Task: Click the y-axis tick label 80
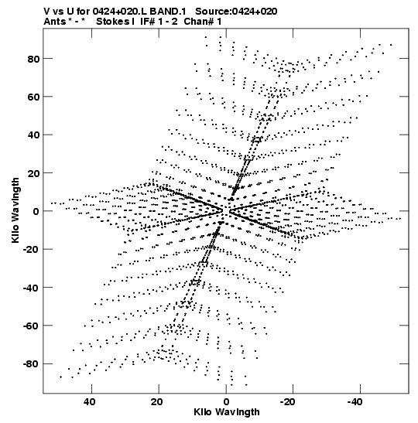pos(34,59)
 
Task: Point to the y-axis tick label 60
pos(34,97)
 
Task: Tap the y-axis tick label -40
pos(32,288)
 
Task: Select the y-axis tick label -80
pos(32,364)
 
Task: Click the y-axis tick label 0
pos(37,211)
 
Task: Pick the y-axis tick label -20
pos(32,250)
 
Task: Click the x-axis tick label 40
pos(89,401)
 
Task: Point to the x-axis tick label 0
pos(226,401)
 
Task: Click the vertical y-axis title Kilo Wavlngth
pos(15,210)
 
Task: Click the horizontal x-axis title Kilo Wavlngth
pos(227,412)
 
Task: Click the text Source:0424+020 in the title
pos(236,12)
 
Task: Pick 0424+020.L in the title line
pos(120,12)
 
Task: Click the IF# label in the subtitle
pos(148,22)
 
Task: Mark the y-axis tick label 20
pos(34,173)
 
